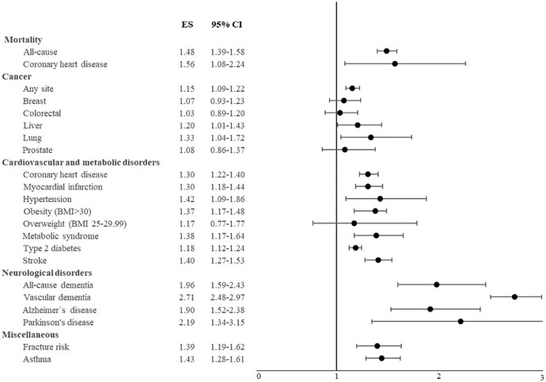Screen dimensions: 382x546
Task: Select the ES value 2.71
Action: click(x=187, y=296)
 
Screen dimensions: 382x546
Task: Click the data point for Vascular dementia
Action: click(x=514, y=296)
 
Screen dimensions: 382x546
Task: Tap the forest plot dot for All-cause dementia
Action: click(x=437, y=284)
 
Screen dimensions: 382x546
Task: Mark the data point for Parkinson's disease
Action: click(x=461, y=321)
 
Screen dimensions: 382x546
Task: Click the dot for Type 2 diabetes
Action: click(x=356, y=247)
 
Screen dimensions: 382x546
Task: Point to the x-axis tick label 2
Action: click(x=439, y=375)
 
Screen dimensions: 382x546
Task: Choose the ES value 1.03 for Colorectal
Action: click(x=187, y=113)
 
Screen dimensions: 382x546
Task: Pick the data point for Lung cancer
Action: click(x=370, y=137)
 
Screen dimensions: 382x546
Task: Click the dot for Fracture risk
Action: click(x=377, y=346)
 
